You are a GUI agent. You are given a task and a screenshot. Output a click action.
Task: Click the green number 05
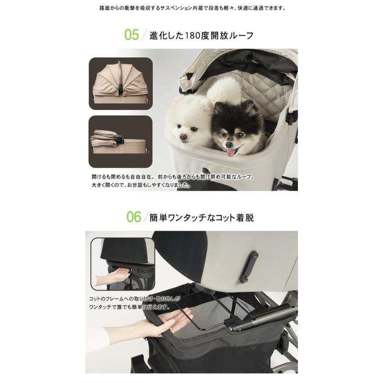point(131,35)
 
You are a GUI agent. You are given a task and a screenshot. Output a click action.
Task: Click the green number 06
point(133,217)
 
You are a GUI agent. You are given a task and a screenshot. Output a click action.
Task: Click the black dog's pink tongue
point(231,152)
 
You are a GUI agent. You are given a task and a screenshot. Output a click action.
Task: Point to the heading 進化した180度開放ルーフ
point(201,36)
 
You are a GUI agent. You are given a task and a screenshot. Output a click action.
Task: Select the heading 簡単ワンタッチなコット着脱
point(201,218)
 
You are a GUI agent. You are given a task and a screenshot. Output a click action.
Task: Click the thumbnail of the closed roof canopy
point(120,83)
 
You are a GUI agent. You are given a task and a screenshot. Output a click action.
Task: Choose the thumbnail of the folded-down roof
point(120,142)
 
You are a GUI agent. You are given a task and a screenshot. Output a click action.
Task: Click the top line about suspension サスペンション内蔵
point(191,8)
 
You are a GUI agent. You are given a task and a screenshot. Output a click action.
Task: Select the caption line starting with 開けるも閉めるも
point(172,176)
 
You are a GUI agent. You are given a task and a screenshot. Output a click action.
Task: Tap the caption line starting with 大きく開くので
point(141,186)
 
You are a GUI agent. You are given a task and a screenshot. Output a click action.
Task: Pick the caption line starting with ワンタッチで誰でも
point(130,307)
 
